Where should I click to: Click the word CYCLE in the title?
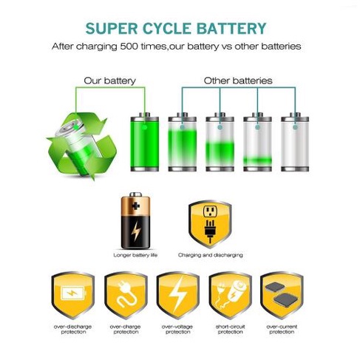[x=166, y=29]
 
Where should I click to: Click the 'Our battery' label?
[x=109, y=81]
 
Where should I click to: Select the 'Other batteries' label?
[x=238, y=81]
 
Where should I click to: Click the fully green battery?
[x=145, y=142]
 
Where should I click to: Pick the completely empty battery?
[x=295, y=142]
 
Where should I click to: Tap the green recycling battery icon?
[x=82, y=146]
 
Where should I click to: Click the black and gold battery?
[x=135, y=220]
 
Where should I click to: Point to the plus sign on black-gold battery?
[x=135, y=206]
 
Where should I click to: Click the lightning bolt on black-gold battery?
[x=136, y=231]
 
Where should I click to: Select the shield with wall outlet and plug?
[x=210, y=224]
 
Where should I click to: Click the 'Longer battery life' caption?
[x=135, y=255]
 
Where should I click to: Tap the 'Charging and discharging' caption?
[x=211, y=255]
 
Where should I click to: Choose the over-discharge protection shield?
[x=73, y=295]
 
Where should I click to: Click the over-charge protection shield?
[x=126, y=295]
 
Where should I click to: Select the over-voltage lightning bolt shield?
[x=178, y=295]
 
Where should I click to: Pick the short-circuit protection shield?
[x=230, y=295]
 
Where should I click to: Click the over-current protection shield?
[x=282, y=295]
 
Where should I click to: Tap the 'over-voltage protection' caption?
[x=177, y=330]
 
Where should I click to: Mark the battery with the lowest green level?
[x=257, y=142]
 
